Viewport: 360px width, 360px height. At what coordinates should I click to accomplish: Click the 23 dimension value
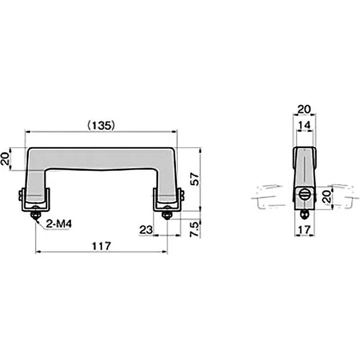click(x=146, y=230)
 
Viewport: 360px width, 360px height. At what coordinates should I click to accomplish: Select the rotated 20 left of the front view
click(x=6, y=159)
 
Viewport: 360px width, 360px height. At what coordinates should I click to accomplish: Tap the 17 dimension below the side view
click(x=305, y=229)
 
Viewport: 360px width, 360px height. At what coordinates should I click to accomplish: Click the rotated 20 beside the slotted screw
click(x=327, y=196)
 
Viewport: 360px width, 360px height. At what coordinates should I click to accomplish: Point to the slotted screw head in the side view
click(x=303, y=196)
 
